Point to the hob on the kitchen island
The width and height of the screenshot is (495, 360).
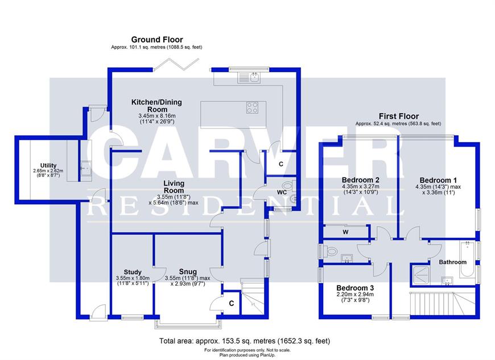pyautogui.click(x=253, y=107)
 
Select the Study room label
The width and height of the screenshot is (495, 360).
pyautogui.click(x=132, y=272)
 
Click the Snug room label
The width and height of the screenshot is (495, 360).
pyautogui.click(x=188, y=272)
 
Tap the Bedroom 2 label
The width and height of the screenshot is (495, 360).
pyautogui.click(x=361, y=179)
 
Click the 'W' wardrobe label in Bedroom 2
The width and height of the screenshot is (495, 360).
pyautogui.click(x=345, y=232)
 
